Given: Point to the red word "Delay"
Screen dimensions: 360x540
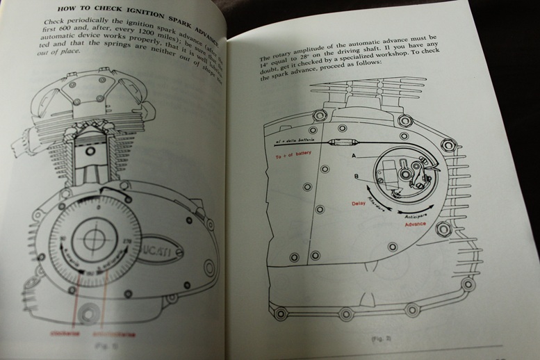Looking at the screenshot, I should (x=359, y=204).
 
